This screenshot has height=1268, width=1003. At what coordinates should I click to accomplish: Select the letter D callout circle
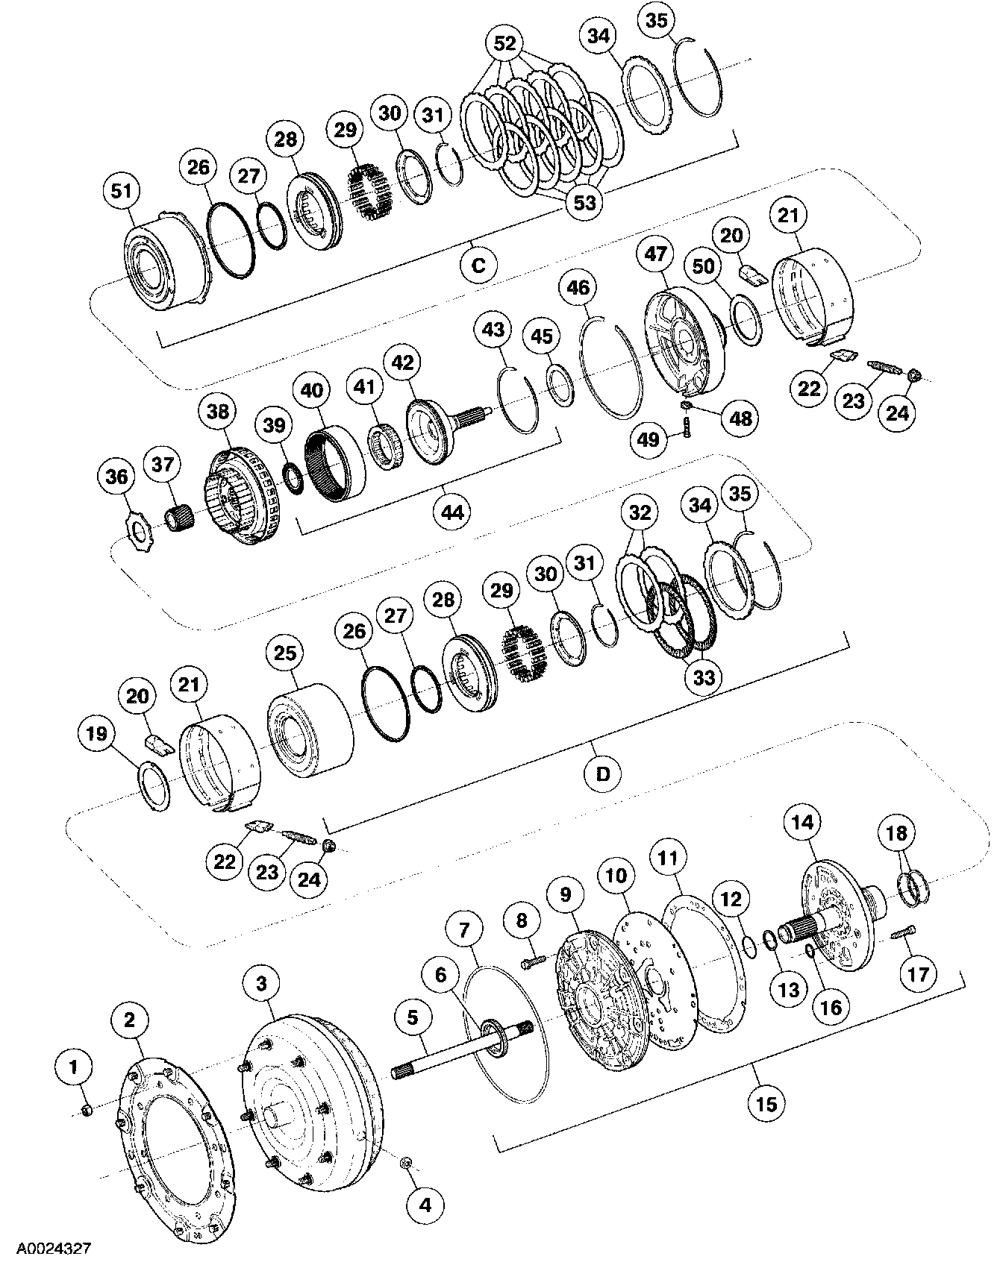[x=602, y=773]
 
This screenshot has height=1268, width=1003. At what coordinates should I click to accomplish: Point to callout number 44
[x=452, y=512]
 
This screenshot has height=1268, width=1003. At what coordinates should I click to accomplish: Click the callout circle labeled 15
[x=766, y=1103]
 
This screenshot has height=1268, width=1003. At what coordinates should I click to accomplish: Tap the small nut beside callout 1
[x=86, y=1111]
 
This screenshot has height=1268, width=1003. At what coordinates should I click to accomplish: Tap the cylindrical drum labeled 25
[x=310, y=731]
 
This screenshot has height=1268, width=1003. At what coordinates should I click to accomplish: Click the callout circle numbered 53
[x=584, y=201]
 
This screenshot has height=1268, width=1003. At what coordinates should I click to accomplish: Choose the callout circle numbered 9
[x=565, y=894]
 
